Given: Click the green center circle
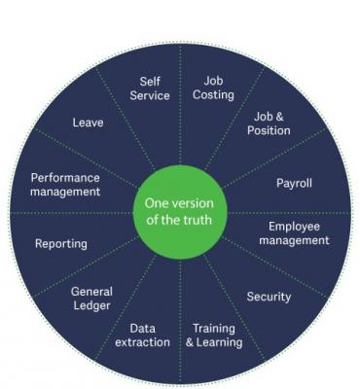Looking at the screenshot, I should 179,211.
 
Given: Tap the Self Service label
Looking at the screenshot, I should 150,88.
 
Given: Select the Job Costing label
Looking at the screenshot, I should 213,88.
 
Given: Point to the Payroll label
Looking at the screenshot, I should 295,182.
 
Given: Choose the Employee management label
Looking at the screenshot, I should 294,233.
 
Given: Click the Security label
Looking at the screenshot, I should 269,297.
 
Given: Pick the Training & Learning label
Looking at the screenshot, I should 214,336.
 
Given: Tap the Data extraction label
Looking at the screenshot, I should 142,336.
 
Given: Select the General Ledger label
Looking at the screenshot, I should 91,299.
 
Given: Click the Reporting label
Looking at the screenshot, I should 60,243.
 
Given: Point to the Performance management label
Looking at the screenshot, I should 65,185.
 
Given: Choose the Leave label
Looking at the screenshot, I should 88,124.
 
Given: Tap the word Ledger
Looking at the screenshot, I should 91,305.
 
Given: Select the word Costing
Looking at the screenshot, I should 213,94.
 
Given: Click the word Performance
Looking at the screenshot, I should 65,178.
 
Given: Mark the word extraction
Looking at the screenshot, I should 142,342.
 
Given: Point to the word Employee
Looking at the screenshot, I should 294,227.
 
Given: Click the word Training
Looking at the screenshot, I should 214,329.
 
